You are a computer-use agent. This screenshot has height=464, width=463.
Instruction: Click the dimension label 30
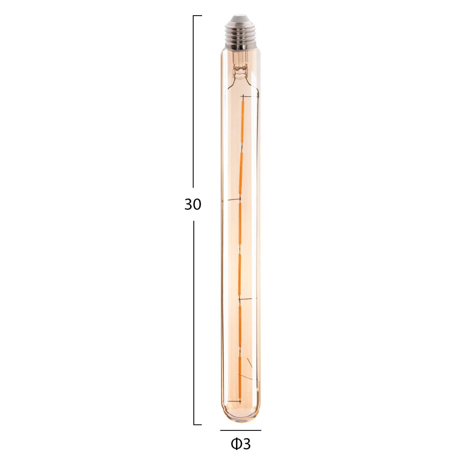click(193, 204)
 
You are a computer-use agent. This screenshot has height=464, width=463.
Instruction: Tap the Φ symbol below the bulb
click(236, 444)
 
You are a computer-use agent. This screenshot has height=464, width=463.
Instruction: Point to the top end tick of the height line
click(197, 15)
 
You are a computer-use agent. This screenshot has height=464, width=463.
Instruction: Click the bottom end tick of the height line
click(197, 424)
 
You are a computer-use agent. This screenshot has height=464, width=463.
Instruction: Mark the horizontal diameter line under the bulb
click(240, 430)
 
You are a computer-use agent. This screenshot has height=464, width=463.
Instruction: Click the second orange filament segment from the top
click(241, 173)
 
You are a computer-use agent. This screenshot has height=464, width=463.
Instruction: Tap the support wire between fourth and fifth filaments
click(248, 299)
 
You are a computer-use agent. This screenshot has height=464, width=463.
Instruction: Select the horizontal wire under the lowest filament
click(234, 401)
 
